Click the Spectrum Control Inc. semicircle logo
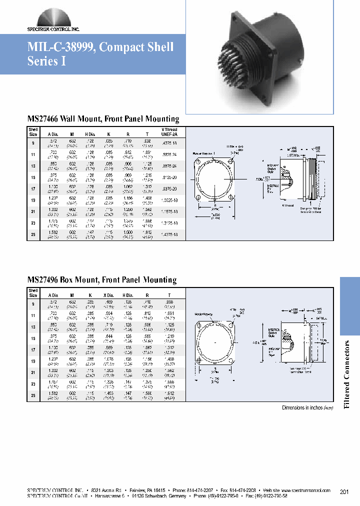pos(53,17)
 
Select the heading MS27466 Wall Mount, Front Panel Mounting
pos(103,119)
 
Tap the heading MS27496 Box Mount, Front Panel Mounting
pos(102,280)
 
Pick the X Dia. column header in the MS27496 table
pos(108,295)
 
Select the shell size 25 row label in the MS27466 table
pos(33,232)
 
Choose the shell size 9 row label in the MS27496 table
pos(33,303)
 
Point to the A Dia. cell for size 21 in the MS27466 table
pos(52,210)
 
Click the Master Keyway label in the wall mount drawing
pos(202,153)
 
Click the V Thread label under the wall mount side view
pos(287,204)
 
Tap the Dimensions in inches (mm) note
pos(307,408)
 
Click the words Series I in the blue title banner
pos(46,61)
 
